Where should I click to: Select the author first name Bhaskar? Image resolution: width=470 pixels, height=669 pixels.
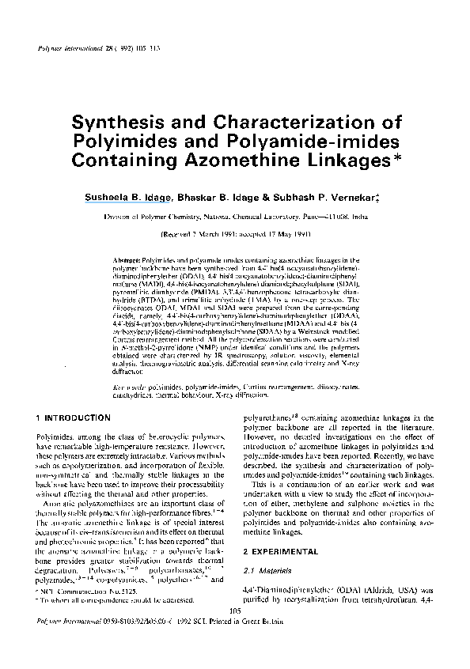coord(198,195)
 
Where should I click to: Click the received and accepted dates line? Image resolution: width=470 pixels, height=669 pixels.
coord(235,235)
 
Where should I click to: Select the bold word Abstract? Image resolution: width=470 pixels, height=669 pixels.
coord(127,259)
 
